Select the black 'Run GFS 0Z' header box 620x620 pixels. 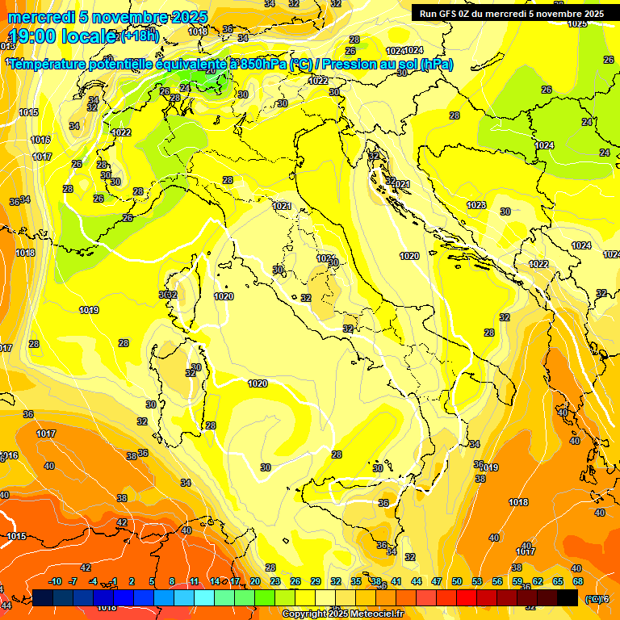click(511, 14)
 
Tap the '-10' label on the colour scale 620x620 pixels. click(55, 581)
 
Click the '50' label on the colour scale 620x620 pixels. click(457, 581)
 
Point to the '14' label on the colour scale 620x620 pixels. click(215, 581)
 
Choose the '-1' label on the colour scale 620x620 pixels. click(114, 581)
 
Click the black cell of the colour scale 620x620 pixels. click(568, 597)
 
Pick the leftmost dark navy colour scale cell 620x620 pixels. click(43, 597)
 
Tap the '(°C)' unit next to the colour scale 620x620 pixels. click(593, 598)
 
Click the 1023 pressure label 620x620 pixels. click(476, 205)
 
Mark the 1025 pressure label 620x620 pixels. click(577, 23)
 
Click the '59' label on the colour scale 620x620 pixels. click(517, 581)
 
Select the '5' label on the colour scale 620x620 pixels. click(153, 581)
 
